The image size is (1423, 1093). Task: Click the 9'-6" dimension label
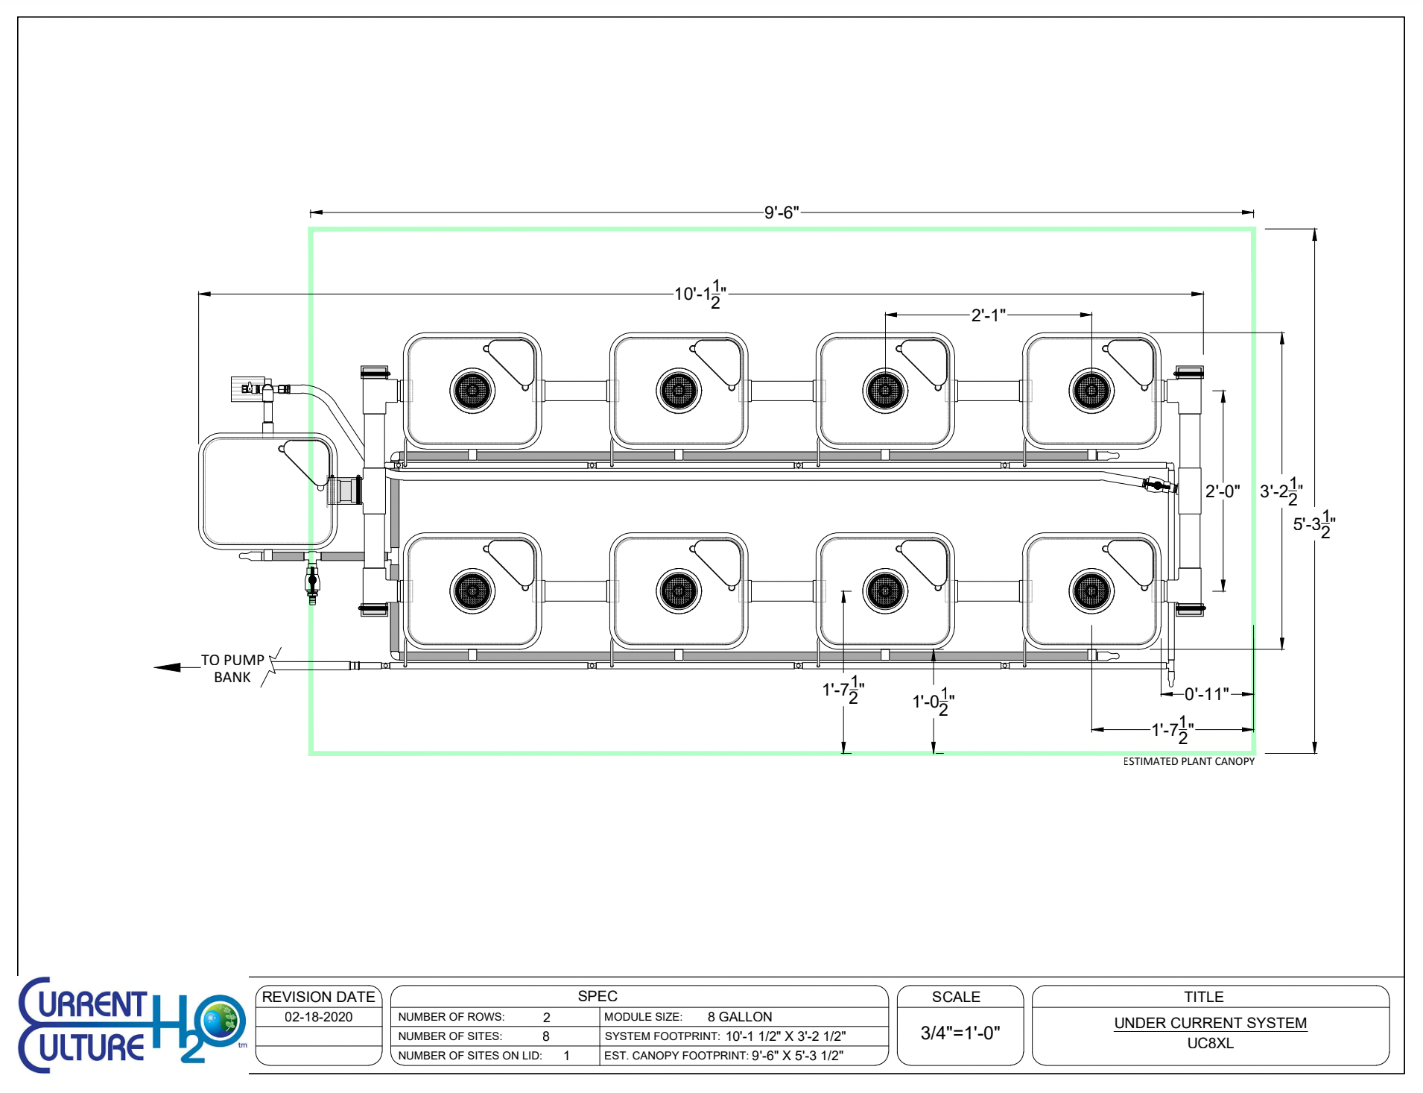(x=781, y=212)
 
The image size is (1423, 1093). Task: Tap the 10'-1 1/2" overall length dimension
(x=699, y=294)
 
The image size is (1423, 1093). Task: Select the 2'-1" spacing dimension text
(x=988, y=315)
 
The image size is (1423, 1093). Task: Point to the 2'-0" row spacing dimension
(x=1222, y=491)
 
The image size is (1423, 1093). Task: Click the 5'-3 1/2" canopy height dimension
(x=1313, y=524)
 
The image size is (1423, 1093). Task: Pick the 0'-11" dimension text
(x=1206, y=694)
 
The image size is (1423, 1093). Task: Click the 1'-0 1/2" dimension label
(x=933, y=702)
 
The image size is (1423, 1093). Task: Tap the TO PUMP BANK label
(x=232, y=669)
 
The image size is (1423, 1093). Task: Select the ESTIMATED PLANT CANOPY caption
(x=1188, y=761)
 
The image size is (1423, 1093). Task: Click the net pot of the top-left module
(x=472, y=389)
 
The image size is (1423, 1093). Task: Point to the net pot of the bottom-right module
(x=1091, y=591)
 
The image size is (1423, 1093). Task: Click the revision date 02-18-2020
(x=318, y=1017)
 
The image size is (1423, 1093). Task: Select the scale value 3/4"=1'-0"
(x=960, y=1033)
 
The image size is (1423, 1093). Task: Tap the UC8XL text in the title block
(x=1210, y=1043)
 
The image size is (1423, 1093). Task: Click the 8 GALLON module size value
(x=739, y=1017)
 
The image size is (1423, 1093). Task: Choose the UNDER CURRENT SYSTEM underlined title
(x=1210, y=1023)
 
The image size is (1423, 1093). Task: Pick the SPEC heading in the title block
(x=597, y=996)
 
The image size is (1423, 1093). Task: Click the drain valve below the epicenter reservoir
(x=312, y=580)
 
